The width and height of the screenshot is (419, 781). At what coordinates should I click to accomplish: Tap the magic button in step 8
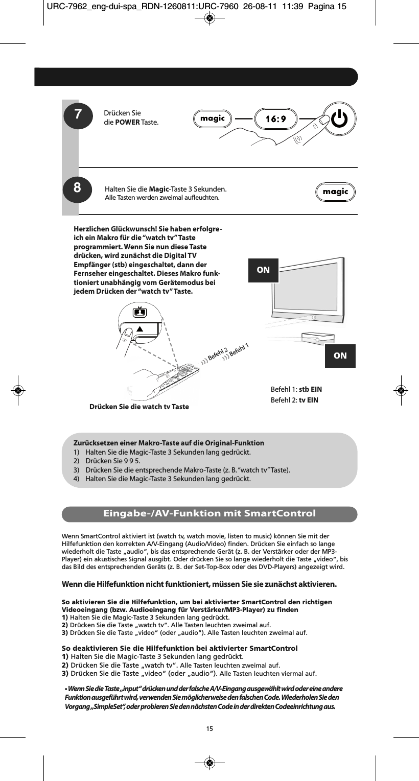point(335,192)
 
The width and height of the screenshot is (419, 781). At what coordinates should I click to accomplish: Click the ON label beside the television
point(263,270)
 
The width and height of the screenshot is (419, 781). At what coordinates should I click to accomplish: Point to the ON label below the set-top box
point(340,356)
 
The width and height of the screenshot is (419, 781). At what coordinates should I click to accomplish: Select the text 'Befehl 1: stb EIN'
point(296,389)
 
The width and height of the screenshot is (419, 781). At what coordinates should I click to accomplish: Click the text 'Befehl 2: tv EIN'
point(294,399)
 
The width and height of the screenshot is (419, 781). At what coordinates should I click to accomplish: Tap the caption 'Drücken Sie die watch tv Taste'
point(139,407)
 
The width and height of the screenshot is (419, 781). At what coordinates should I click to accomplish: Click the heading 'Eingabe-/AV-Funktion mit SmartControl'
point(209,513)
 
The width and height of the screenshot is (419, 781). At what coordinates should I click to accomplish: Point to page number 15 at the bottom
point(209,728)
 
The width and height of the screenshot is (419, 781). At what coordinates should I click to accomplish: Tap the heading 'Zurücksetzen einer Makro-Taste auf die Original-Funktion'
point(169,442)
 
